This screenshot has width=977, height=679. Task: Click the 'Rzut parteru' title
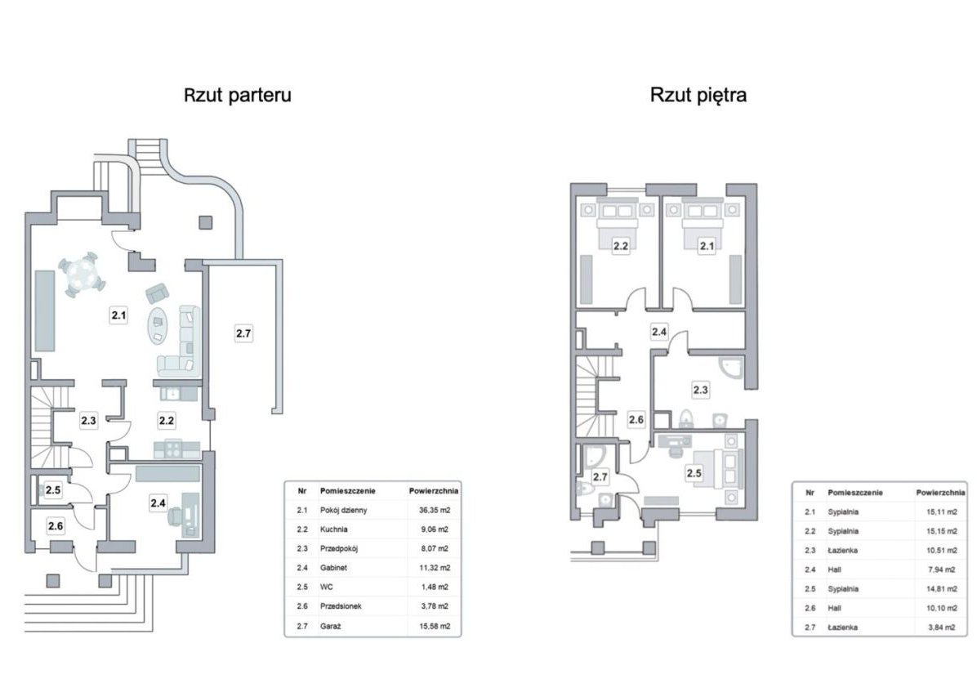point(238,95)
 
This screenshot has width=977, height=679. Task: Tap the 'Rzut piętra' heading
point(698,95)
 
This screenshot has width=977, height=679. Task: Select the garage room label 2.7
point(243,333)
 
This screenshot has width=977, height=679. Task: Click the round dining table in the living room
point(82,275)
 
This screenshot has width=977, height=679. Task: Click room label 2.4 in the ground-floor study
point(158,502)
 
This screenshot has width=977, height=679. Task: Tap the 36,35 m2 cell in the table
point(435,510)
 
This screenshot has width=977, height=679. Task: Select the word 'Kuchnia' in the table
point(334,529)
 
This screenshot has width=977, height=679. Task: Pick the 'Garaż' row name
point(330,626)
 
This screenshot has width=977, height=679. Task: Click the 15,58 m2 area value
point(435,626)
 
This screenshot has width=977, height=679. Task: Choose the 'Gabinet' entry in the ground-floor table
point(333,568)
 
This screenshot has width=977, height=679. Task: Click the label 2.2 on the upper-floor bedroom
point(621,246)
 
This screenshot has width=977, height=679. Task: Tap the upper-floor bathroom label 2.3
point(700,390)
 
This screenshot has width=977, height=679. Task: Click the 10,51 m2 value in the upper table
point(942,551)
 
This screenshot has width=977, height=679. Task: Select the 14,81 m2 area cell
point(942,589)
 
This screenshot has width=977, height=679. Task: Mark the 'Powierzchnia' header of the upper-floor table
point(940,493)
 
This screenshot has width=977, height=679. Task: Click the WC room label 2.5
point(53,490)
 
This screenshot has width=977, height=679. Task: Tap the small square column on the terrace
point(205,222)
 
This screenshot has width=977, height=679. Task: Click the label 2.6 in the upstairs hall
point(636,420)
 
